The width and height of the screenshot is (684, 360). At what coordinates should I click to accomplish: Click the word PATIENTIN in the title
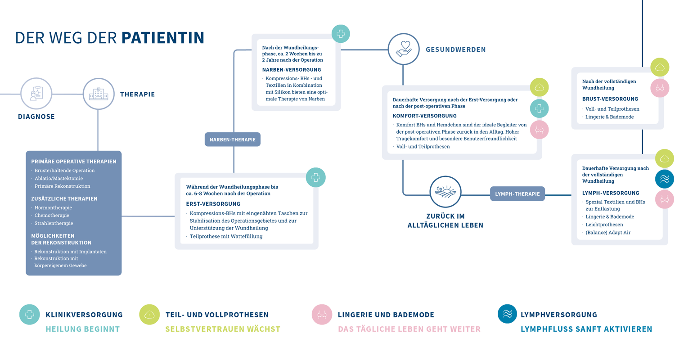(x=163, y=38)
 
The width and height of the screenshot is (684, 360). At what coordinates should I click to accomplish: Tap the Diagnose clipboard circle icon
(x=36, y=94)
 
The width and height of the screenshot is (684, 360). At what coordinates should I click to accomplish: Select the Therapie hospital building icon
(x=99, y=94)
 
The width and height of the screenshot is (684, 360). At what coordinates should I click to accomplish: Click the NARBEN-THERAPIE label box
(x=232, y=139)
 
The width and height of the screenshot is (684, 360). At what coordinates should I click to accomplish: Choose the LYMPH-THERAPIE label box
(x=517, y=194)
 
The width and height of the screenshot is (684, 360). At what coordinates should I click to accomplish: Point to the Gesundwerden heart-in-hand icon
(x=404, y=49)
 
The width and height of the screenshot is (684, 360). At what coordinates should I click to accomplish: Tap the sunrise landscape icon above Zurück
(x=445, y=192)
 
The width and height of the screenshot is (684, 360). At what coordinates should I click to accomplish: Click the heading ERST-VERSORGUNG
(x=213, y=204)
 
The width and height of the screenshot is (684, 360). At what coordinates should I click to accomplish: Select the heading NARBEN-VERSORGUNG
(x=292, y=70)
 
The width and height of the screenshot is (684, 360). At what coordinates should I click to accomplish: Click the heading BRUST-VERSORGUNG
(x=610, y=99)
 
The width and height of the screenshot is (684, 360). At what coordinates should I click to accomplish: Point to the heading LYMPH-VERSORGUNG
(x=611, y=193)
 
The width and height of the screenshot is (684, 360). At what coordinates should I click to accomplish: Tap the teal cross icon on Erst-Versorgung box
(x=315, y=177)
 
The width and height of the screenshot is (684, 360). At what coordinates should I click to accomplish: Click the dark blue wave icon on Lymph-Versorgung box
(x=664, y=179)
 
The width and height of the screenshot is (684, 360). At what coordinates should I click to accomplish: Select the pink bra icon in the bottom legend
(x=322, y=315)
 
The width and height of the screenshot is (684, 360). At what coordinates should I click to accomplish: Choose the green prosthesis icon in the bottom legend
(x=149, y=315)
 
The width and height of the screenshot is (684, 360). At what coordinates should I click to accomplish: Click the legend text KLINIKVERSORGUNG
(x=84, y=315)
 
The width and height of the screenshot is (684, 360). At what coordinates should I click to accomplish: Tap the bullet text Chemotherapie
(x=52, y=216)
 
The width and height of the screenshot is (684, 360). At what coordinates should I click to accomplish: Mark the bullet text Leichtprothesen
(x=604, y=225)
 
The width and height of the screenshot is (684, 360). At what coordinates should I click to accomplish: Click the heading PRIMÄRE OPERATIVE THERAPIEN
(x=74, y=162)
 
